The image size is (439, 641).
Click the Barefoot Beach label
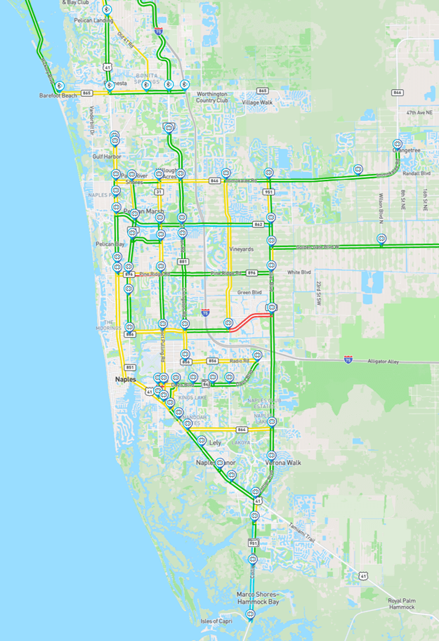[58, 95]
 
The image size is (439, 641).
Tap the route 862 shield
[258, 225]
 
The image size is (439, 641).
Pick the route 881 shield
[183, 261]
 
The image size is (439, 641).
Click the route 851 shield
[130, 367]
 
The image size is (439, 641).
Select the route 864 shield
[242, 429]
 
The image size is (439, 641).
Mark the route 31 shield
[159, 192]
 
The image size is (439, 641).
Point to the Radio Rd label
[240, 361]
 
